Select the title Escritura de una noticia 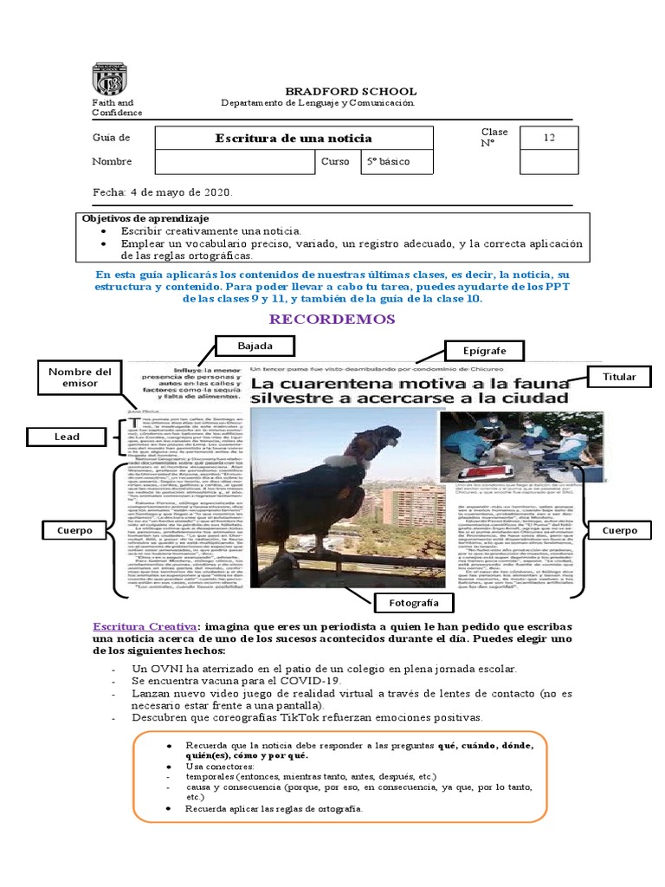294,139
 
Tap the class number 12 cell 549,138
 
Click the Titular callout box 619,377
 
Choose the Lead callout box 67,437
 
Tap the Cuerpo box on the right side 619,529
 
